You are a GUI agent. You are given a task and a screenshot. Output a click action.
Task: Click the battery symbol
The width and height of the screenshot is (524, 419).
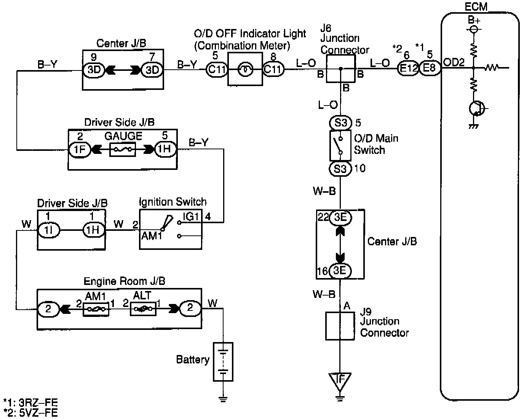(x=223, y=362)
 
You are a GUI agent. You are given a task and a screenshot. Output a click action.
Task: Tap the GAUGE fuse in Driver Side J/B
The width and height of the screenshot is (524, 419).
(x=123, y=149)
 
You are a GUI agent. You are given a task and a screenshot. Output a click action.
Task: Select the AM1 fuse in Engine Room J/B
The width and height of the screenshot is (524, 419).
(x=96, y=309)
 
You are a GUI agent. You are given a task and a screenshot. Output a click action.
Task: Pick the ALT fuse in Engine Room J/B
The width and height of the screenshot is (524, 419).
(x=143, y=309)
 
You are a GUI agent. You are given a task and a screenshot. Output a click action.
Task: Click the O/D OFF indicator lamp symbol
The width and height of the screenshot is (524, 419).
(x=245, y=70)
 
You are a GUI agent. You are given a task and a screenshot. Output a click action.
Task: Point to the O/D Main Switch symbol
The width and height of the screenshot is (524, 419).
(x=340, y=146)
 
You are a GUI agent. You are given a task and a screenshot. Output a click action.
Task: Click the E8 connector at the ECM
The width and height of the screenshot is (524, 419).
(x=430, y=68)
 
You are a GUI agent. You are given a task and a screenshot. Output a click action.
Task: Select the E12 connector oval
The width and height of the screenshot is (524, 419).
(x=408, y=68)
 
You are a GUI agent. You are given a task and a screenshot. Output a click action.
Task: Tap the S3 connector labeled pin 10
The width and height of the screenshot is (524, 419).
(x=340, y=169)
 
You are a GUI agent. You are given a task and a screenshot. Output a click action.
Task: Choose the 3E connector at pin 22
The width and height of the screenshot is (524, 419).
(x=340, y=217)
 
